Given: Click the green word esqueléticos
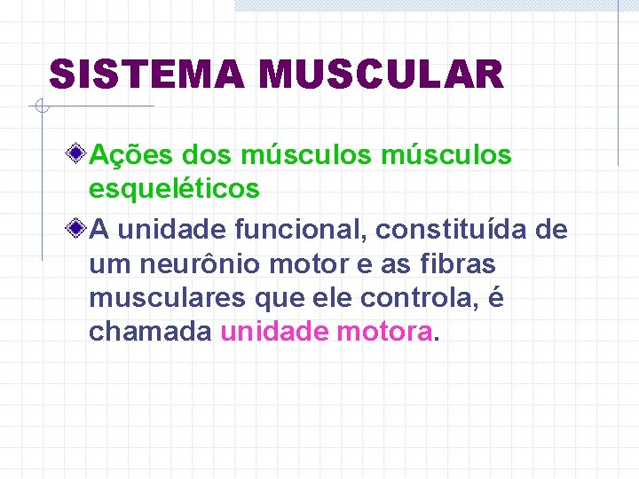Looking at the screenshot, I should pyautogui.click(x=174, y=188).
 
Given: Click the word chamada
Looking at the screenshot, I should pyautogui.click(x=150, y=332).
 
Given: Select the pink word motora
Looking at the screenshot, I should pyautogui.click(x=386, y=332).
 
